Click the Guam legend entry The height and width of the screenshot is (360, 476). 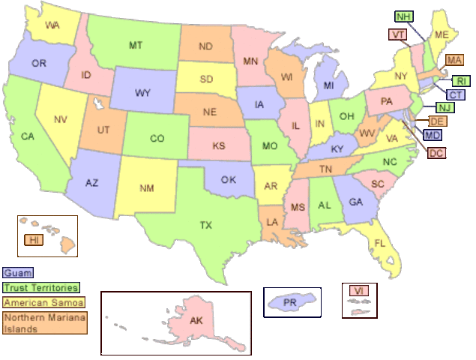click(18, 274)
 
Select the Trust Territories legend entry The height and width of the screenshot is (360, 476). click(40, 287)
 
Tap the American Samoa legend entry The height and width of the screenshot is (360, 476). click(43, 301)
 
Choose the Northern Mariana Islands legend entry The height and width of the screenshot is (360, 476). click(44, 322)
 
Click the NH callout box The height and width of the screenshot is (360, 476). click(403, 16)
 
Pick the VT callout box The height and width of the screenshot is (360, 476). click(398, 34)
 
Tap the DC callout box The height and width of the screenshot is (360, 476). click(437, 153)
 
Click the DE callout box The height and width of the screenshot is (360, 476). click(438, 121)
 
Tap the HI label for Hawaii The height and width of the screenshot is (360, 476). click(33, 240)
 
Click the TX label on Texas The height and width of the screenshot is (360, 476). click(205, 224)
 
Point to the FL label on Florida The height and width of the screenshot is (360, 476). click(380, 243)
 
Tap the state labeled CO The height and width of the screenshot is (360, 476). click(157, 138)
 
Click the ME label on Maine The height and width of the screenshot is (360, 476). click(442, 35)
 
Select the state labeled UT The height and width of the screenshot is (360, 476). click(103, 130)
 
